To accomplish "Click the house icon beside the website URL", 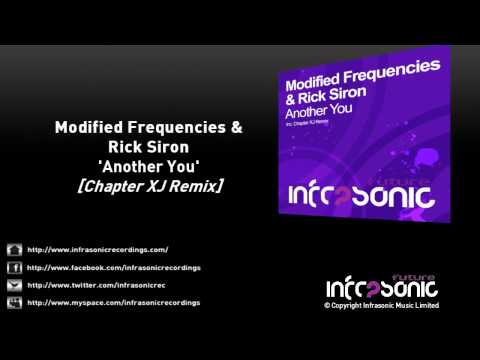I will [14, 249].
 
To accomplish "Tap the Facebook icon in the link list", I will [14, 267].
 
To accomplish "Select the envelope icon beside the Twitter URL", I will [14, 284].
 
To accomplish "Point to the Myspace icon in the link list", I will [14, 301].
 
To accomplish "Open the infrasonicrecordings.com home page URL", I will [97, 249].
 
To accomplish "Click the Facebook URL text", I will [113, 267].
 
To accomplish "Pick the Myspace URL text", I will [113, 301].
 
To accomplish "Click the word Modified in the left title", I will [87, 129].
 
